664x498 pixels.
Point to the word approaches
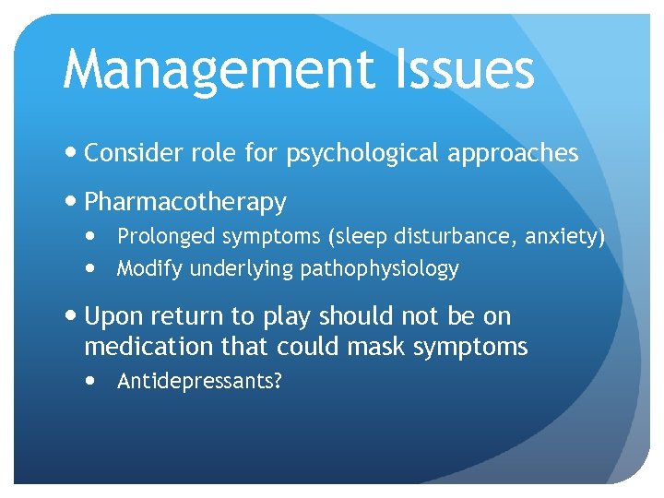512,154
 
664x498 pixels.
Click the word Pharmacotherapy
185,202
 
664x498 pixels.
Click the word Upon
113,317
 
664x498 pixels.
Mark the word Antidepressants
199,382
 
